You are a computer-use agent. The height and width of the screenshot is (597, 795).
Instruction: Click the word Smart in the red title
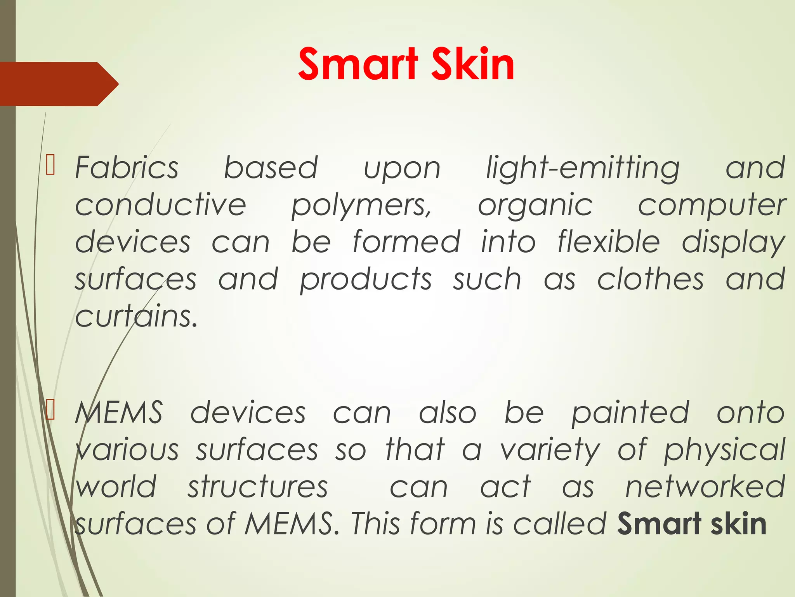358,65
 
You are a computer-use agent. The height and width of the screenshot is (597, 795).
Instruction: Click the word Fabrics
127,168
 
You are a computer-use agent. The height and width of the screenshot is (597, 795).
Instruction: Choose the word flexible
608,242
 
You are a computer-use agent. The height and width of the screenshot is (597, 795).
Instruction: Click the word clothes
650,279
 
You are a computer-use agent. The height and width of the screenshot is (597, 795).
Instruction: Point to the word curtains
136,316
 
